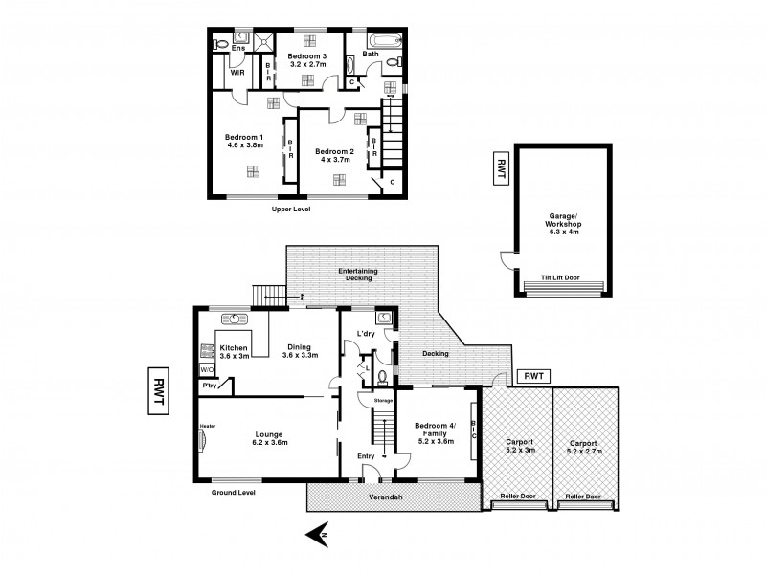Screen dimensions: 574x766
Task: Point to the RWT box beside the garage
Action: (x=501, y=169)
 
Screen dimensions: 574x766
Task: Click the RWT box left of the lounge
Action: (x=159, y=392)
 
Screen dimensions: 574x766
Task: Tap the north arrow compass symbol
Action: (x=318, y=536)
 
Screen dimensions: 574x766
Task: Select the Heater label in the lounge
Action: (x=208, y=425)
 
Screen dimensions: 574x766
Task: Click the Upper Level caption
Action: (x=292, y=209)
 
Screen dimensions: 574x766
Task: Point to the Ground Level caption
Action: (x=235, y=492)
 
